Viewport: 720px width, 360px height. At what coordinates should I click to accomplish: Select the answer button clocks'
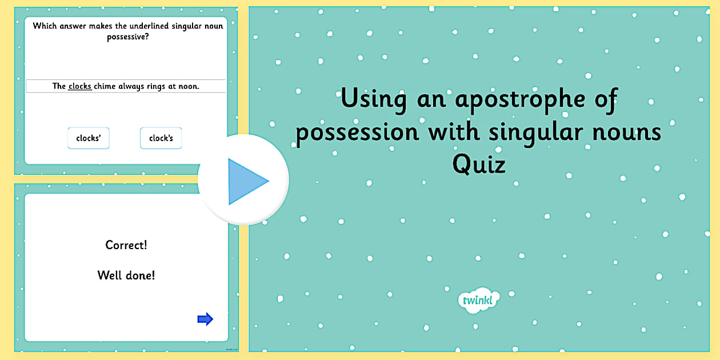point(89,138)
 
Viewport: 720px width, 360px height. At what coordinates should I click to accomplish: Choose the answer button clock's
point(161,138)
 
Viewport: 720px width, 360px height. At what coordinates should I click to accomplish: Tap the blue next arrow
point(205,319)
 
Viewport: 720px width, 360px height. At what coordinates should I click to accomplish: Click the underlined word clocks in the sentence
point(80,86)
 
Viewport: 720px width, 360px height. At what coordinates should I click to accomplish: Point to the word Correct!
point(126,245)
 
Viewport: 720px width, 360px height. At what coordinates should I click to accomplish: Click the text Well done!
point(126,275)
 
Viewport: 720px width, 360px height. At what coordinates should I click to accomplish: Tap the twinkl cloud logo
point(479,300)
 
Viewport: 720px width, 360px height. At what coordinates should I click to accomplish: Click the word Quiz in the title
point(479,165)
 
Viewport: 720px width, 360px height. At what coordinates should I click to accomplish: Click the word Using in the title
point(374,100)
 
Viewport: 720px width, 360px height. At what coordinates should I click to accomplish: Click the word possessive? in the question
point(128,37)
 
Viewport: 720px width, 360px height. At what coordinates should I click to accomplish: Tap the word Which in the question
point(45,26)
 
